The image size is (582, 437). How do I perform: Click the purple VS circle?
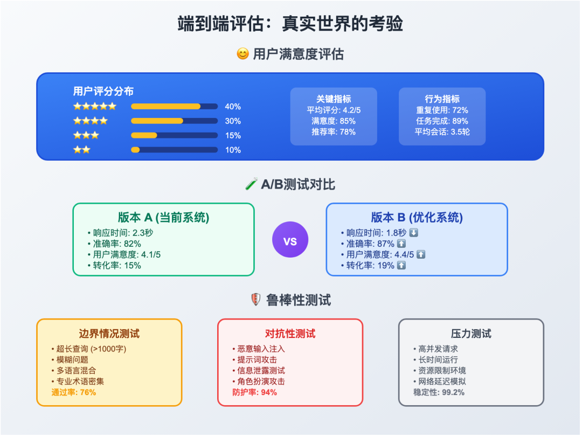click(290, 240)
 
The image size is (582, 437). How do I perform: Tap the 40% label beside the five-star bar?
click(233, 107)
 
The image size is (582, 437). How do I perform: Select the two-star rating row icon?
click(82, 150)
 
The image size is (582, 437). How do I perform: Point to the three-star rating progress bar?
click(174, 135)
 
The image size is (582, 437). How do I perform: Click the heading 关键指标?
click(334, 99)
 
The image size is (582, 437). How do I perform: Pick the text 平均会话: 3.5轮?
click(442, 131)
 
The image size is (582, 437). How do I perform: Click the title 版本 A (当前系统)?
click(163, 218)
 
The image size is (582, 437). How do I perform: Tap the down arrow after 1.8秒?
click(414, 233)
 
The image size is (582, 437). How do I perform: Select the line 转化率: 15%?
click(116, 265)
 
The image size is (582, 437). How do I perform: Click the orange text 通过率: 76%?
click(74, 392)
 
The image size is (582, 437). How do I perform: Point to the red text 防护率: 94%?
click(255, 392)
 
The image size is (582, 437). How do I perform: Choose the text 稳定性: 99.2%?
click(439, 392)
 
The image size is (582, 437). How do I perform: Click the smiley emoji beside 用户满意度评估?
click(243, 54)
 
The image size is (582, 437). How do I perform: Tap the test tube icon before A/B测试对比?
click(251, 185)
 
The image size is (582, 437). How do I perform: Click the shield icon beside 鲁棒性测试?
click(256, 300)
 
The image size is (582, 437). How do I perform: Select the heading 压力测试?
click(471, 334)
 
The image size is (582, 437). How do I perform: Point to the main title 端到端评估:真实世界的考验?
click(290, 24)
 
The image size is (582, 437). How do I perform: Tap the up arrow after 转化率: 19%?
click(401, 265)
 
